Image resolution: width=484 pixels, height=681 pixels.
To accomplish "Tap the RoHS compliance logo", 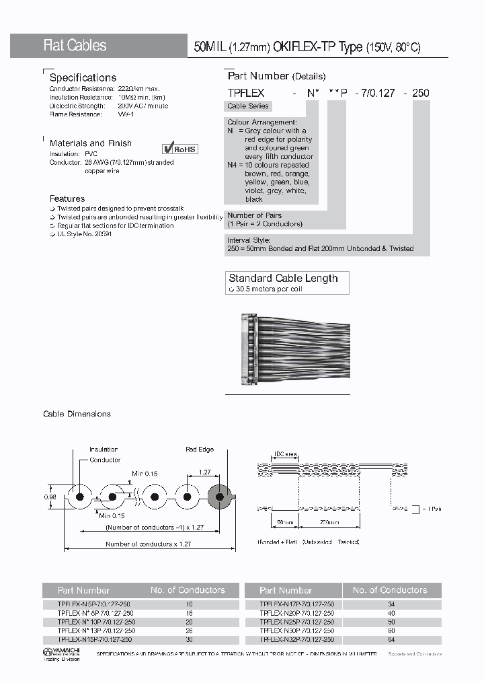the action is pyautogui.click(x=180, y=149).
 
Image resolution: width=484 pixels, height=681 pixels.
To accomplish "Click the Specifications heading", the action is pyautogui.click(x=83, y=77).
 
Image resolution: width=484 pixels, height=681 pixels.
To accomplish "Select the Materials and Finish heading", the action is pyautogui.click(x=90, y=143).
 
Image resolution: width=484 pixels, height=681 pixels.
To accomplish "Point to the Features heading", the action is pyautogui.click(x=67, y=199).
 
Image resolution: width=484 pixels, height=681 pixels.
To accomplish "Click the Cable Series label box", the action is pyautogui.click(x=248, y=106).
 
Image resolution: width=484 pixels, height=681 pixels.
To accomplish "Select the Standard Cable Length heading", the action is pyautogui.click(x=283, y=278).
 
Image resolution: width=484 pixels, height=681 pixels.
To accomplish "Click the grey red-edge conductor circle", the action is pyautogui.click(x=220, y=497).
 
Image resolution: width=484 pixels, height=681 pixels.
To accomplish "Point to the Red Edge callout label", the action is pyautogui.click(x=199, y=450).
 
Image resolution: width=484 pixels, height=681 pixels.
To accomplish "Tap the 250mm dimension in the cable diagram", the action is pyautogui.click(x=329, y=522).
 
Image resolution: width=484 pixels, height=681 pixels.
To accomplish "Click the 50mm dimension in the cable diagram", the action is pyautogui.click(x=285, y=522).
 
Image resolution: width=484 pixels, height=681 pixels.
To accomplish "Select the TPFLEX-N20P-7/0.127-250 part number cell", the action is pyautogui.click(x=296, y=613).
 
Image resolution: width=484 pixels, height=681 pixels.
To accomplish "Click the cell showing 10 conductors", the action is pyautogui.click(x=187, y=604).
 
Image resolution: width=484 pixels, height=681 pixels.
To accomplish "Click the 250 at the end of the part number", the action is pyautogui.click(x=420, y=93).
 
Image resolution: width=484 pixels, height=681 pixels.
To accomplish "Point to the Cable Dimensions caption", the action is pyautogui.click(x=77, y=414).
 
